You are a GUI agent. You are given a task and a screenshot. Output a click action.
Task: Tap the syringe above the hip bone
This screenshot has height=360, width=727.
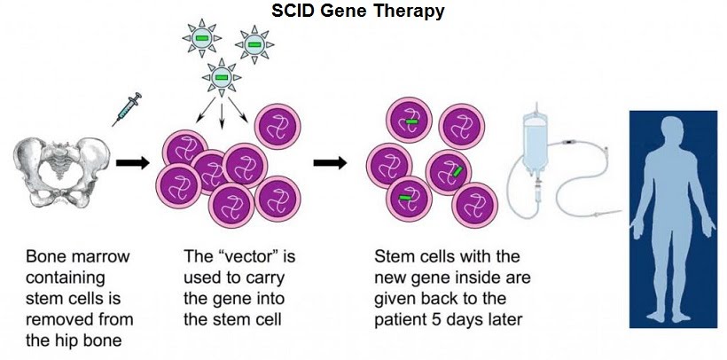127,109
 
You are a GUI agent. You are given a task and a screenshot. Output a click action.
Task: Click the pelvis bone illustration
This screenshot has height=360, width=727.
61,172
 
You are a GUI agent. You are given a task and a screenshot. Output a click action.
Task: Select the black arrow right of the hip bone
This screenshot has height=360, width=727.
133,163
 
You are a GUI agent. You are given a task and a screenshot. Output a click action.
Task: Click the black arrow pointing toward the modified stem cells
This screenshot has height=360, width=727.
330,163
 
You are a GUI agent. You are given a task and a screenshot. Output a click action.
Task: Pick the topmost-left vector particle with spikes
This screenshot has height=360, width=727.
201,38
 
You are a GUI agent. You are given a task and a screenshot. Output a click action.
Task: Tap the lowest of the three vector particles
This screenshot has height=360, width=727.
222,77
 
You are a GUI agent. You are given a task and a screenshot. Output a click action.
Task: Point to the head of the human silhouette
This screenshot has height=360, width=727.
672,131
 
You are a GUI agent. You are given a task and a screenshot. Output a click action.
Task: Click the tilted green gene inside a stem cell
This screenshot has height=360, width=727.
457,172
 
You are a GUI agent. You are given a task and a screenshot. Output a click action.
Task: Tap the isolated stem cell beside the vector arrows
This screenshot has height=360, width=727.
278,126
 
